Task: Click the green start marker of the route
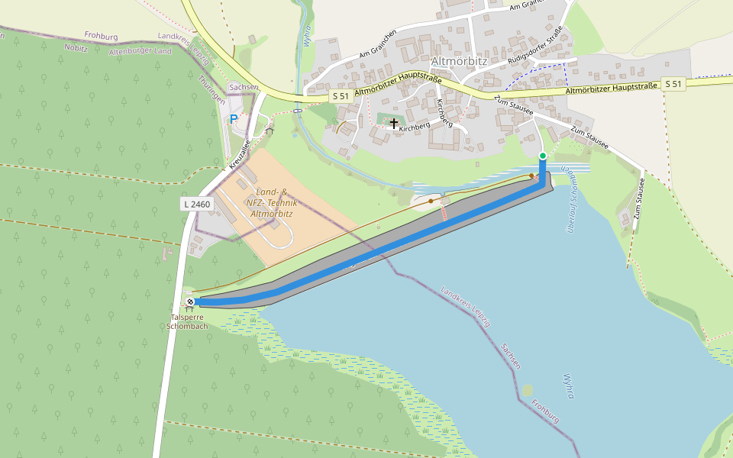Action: click(542, 156)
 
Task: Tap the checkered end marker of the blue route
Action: click(190, 302)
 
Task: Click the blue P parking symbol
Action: click(234, 119)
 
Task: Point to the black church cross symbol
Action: click(394, 122)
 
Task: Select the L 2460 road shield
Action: click(196, 204)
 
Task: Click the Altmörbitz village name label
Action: click(458, 60)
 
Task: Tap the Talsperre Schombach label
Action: click(188, 321)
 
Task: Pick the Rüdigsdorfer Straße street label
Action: click(534, 47)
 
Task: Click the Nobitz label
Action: click(77, 47)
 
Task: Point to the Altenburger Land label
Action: click(140, 51)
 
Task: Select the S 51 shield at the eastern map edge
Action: click(673, 83)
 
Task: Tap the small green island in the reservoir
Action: click(528, 390)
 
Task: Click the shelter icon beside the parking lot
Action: click(270, 131)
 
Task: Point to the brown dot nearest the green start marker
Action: click(532, 176)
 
